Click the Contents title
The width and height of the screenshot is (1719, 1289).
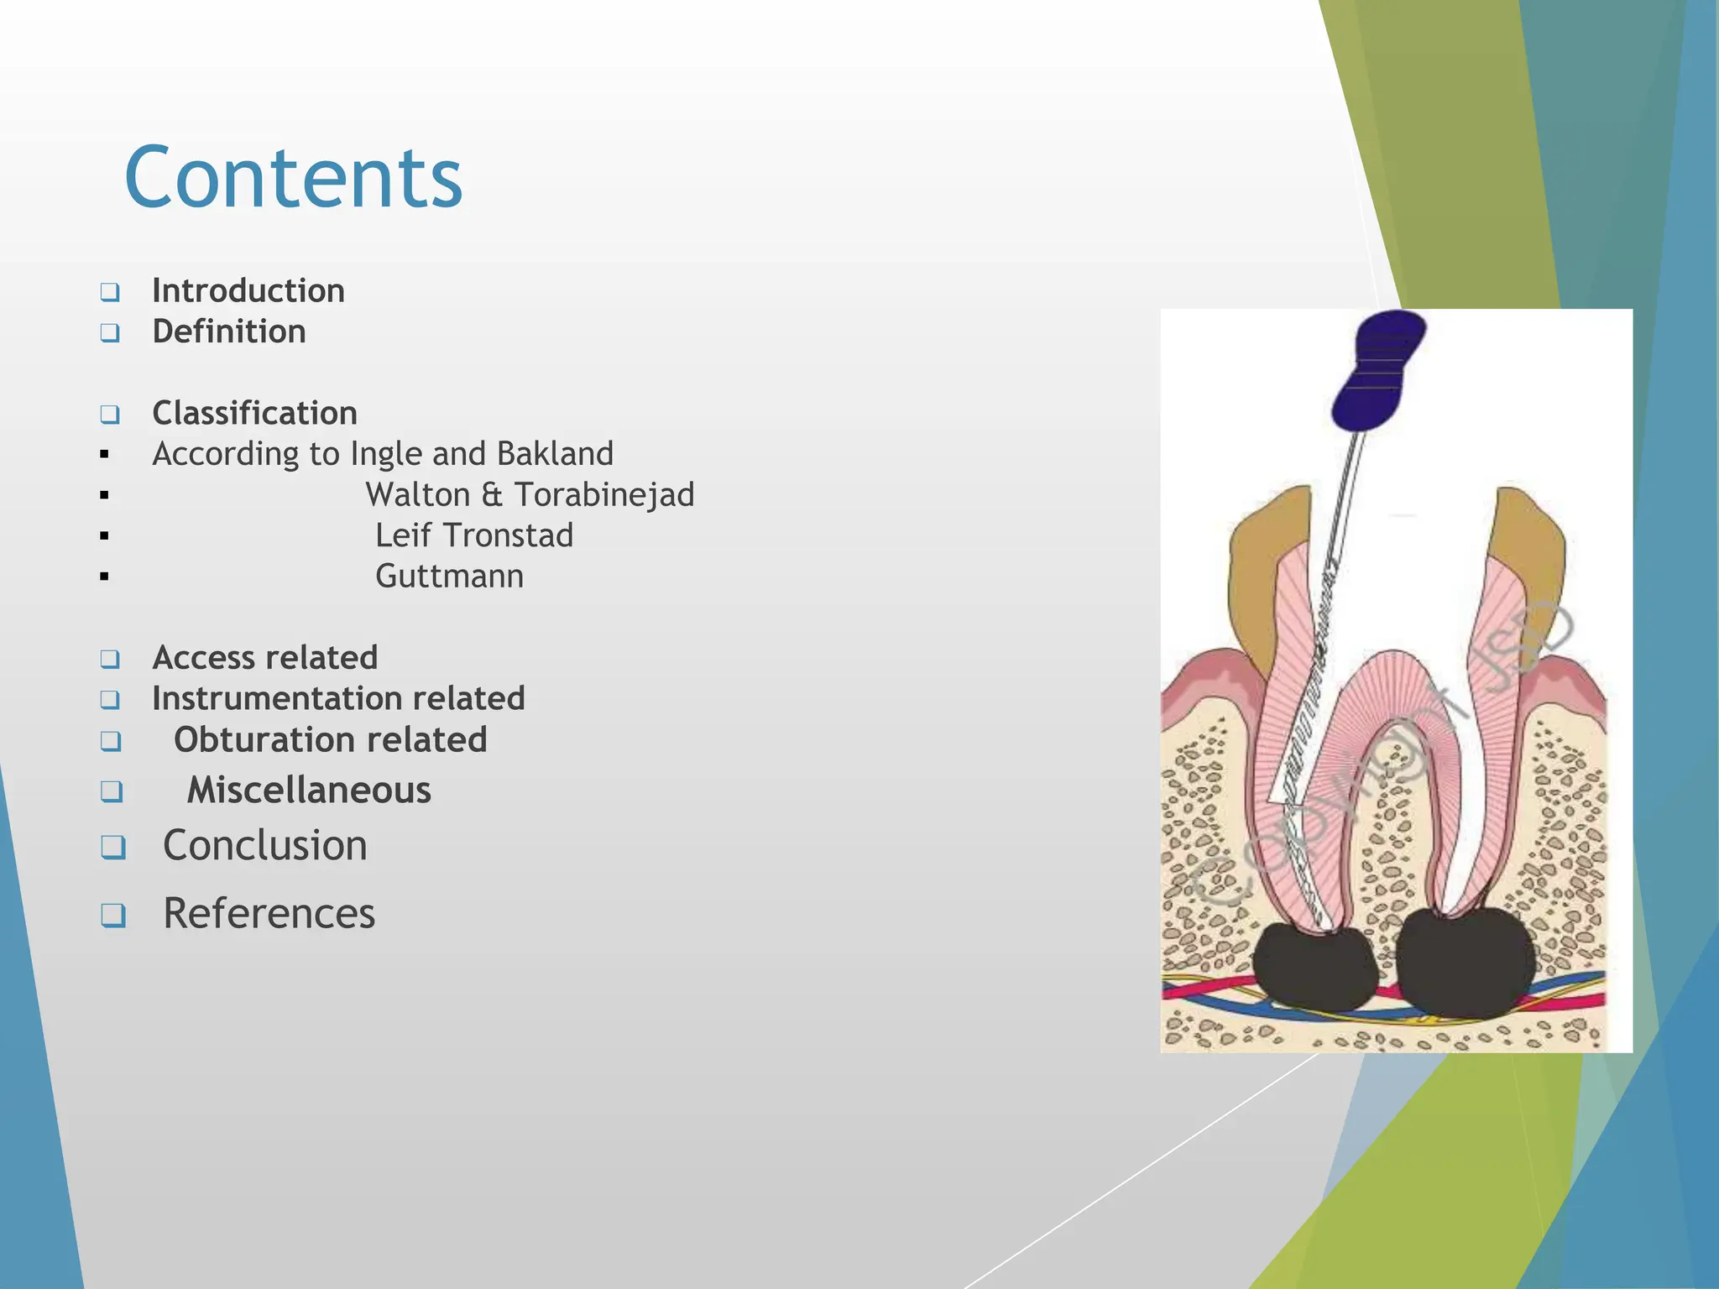[293, 178]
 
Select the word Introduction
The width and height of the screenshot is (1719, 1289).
[248, 291]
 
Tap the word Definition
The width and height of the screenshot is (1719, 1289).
[229, 332]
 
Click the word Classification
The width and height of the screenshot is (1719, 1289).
[255, 414]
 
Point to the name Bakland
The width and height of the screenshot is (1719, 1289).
[555, 454]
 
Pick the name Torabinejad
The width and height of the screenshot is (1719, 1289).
[604, 495]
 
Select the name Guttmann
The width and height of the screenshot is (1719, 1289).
[450, 577]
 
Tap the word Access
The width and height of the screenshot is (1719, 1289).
[205, 658]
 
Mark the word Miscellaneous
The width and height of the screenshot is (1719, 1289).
[309, 791]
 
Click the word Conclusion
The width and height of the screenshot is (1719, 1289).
[265, 845]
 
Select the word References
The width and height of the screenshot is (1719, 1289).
[269, 913]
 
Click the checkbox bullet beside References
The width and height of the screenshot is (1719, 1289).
[113, 915]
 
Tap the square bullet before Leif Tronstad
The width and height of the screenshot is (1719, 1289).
[104, 535]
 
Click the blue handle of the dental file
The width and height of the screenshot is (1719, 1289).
[1378, 370]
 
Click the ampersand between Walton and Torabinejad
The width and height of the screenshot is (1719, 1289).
[492, 495]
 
